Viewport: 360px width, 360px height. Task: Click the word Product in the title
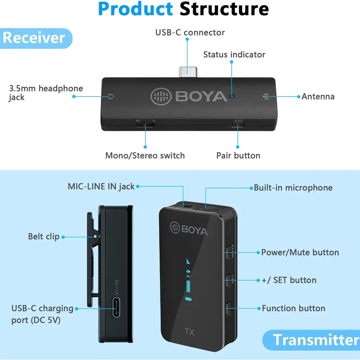pos(135,9)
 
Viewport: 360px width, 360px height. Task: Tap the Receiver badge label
pos(34,38)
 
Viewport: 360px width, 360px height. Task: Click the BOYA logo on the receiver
pos(189,96)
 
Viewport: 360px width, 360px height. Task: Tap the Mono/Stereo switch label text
pos(145,156)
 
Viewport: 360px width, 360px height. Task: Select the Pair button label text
pos(238,156)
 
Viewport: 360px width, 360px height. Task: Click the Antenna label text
pos(318,96)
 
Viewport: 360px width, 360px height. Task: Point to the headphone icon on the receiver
pos(112,96)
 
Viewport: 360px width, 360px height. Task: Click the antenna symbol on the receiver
pos(266,96)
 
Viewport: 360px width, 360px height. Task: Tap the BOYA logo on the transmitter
pos(189,228)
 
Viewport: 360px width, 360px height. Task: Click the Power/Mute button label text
pos(300,252)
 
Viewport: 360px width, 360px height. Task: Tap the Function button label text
pos(293,309)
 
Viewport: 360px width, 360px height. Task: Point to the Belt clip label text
pos(44,237)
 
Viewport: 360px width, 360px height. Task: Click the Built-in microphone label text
pos(293,188)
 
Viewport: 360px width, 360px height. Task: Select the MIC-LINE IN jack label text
pos(101,186)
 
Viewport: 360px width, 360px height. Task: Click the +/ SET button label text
pos(289,280)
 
